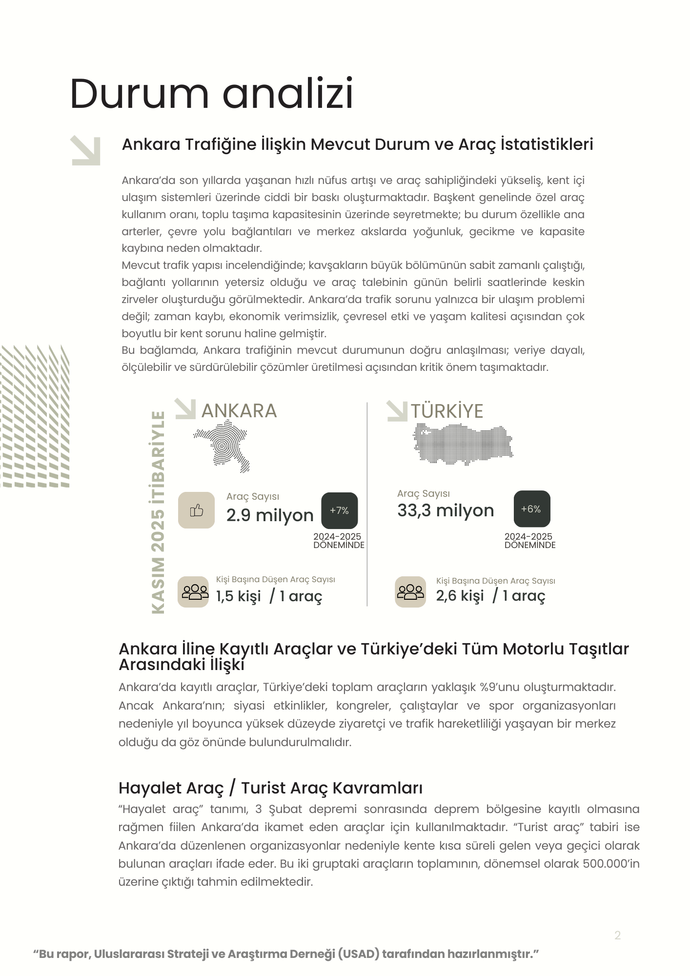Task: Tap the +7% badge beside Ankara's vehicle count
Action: pyautogui.click(x=339, y=510)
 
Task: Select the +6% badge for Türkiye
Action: pyautogui.click(x=531, y=509)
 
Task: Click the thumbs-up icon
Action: pyautogui.click(x=196, y=510)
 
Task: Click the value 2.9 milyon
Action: pyautogui.click(x=270, y=515)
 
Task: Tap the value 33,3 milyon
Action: pyautogui.click(x=446, y=510)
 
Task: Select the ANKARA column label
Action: pyautogui.click(x=239, y=411)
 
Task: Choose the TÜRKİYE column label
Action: pyautogui.click(x=446, y=411)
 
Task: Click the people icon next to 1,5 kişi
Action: pyautogui.click(x=195, y=592)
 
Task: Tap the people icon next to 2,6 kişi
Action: pyautogui.click(x=410, y=592)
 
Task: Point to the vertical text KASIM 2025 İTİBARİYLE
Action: pyautogui.click(x=158, y=512)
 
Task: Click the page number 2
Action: pyautogui.click(x=617, y=935)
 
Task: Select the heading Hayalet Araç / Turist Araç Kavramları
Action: pyautogui.click(x=270, y=788)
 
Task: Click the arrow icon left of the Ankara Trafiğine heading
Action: pyautogui.click(x=86, y=151)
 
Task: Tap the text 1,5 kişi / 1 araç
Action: pyautogui.click(x=269, y=596)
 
